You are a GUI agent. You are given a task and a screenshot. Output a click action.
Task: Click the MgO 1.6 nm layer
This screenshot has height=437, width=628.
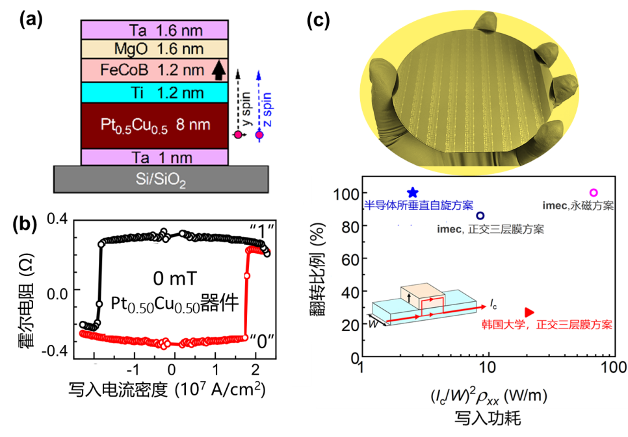point(154,49)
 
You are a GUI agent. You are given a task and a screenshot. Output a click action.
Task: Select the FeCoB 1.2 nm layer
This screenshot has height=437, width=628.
point(154,69)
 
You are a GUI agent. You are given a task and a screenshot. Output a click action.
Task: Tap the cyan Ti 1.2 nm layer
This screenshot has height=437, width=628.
point(154,92)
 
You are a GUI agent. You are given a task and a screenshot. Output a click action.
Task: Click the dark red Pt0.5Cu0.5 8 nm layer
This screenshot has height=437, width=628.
point(154,125)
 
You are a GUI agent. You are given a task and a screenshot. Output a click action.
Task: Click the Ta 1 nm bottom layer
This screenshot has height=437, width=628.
point(154,156)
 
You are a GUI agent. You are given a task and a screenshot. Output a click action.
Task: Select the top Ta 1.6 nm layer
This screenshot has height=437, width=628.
point(154,30)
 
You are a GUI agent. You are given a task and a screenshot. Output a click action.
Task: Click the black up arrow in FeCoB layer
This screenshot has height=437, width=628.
point(217,69)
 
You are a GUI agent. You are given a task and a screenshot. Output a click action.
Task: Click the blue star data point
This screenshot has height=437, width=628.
point(412,193)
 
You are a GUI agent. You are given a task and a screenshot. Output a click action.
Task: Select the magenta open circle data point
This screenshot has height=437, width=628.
point(592,193)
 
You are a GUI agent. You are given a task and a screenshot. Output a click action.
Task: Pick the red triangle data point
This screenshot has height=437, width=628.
point(530,312)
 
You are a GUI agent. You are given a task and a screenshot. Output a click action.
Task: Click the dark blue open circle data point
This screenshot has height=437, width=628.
point(480,216)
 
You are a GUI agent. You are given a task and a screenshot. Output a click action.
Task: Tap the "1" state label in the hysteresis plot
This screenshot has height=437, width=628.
point(263,228)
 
